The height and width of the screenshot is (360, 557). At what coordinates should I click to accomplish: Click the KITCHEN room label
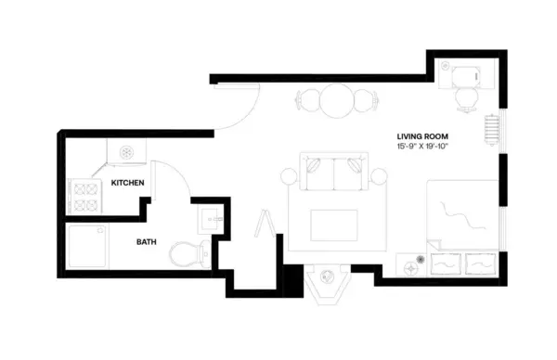point(127,183)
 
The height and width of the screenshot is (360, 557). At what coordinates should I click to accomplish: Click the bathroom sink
point(209,222)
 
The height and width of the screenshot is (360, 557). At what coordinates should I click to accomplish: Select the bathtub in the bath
point(91,248)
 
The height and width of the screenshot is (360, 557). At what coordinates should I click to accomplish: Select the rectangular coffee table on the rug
point(332,224)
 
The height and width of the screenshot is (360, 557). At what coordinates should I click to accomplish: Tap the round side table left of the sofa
point(288,175)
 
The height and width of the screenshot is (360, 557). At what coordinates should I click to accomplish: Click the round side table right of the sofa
point(379,175)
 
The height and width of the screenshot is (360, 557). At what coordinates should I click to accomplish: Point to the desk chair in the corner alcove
point(465,97)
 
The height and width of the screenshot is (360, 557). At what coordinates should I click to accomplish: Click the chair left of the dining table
point(307,100)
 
